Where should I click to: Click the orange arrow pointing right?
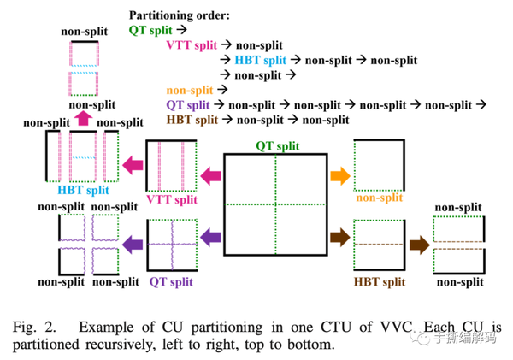[x=340, y=176]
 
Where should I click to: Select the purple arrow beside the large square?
[x=210, y=237]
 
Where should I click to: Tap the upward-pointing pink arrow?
[x=84, y=118]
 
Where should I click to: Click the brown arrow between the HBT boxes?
[x=420, y=245]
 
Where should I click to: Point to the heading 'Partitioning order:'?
[x=180, y=15]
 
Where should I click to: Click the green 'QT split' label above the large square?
[x=277, y=146]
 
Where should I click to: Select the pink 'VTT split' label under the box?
[x=172, y=199]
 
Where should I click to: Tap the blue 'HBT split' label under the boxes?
[x=83, y=190]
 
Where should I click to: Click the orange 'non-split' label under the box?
[x=379, y=198]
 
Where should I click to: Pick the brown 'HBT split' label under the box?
[x=380, y=282]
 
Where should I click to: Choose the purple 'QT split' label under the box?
[x=171, y=282]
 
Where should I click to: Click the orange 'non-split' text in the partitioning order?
[x=190, y=90]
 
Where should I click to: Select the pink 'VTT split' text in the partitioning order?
[x=192, y=44]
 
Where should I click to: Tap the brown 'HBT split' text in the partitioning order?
[x=192, y=120]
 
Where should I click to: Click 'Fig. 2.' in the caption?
[x=34, y=327]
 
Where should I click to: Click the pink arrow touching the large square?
[x=210, y=176]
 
